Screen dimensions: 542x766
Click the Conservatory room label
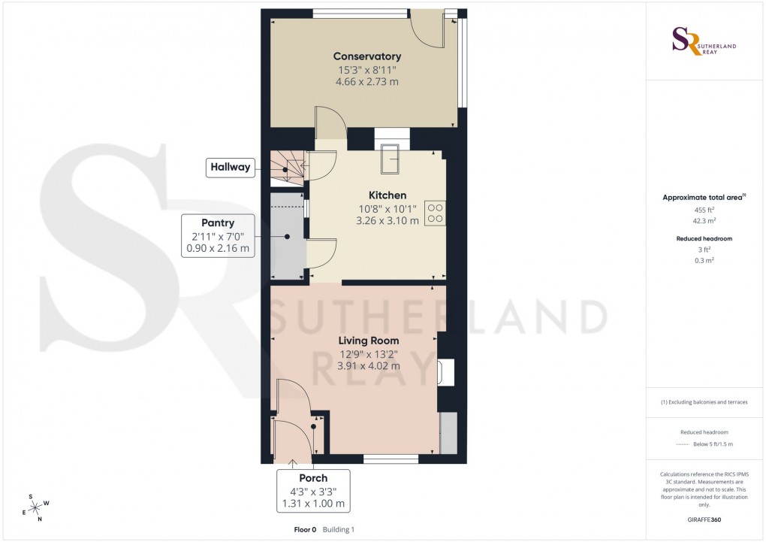(367, 56)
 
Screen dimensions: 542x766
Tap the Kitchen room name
(388, 195)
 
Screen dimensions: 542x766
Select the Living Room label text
(367, 341)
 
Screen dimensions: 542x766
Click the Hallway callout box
(230, 168)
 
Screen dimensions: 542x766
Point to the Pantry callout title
(218, 223)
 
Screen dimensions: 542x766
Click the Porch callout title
(313, 478)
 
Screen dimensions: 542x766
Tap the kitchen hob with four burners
(435, 213)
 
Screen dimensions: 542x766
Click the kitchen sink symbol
(392, 159)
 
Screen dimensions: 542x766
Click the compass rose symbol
(35, 507)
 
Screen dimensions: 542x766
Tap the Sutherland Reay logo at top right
(703, 41)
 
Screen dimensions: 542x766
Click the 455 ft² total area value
(703, 211)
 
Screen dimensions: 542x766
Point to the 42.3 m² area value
(703, 222)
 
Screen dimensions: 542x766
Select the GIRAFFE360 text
(703, 520)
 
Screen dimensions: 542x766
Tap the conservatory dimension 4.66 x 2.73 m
(367, 82)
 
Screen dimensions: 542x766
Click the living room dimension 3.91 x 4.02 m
(367, 366)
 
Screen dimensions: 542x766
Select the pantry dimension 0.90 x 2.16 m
(218, 248)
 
